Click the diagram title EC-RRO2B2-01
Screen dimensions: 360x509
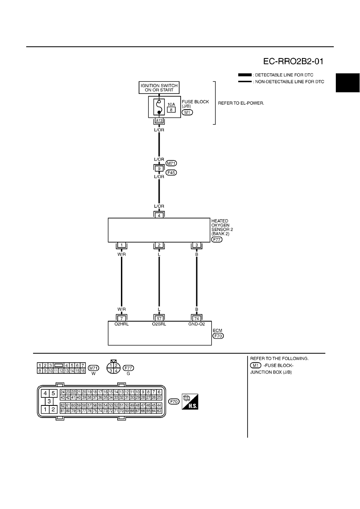293,61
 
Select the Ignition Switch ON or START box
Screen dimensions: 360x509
159,88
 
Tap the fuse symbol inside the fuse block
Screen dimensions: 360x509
159,107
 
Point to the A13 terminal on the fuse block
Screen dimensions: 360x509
159,120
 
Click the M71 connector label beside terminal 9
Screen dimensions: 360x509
171,163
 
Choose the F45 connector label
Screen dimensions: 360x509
171,173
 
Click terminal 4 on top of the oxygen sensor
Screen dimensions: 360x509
159,216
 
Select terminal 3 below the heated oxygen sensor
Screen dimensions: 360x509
197,245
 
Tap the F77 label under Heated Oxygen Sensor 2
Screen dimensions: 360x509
216,239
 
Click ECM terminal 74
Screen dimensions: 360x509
197,319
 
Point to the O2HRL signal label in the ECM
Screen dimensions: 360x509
122,324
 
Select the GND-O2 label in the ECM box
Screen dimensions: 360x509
197,324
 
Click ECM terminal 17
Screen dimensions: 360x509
159,319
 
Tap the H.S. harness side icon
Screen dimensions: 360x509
190,402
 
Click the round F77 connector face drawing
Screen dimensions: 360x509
113,368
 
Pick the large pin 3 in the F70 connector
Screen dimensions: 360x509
49,401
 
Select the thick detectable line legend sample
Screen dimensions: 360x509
245,75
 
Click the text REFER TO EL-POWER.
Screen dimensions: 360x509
241,103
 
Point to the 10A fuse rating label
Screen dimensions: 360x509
171,104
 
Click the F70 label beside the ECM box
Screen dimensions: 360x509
218,336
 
